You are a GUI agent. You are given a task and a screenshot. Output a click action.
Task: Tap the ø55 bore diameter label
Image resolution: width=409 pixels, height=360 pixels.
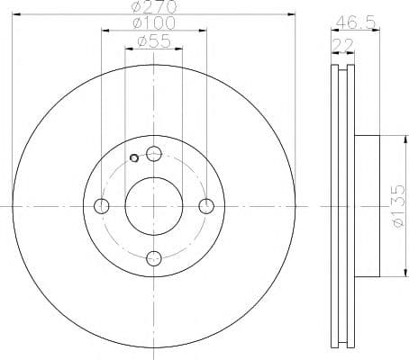(x=153, y=40)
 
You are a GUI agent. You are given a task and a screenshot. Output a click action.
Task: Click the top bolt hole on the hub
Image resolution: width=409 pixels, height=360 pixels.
(x=154, y=153)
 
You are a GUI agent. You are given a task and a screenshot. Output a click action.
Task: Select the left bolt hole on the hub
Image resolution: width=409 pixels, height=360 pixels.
(x=102, y=206)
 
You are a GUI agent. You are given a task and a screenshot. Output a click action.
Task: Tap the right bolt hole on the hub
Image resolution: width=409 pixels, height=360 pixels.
(x=206, y=206)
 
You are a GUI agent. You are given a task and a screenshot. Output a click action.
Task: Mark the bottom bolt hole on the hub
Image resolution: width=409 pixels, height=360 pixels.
(x=154, y=258)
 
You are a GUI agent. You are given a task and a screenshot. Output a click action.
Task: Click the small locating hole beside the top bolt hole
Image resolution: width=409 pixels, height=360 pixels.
(x=135, y=159)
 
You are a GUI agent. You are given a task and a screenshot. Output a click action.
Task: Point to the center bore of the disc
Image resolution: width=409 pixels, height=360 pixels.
(x=154, y=206)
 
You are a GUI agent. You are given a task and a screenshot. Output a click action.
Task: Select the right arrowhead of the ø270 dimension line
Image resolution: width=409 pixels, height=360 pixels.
(x=292, y=14)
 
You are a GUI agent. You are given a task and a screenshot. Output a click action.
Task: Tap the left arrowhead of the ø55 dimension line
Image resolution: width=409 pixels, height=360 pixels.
(x=127, y=49)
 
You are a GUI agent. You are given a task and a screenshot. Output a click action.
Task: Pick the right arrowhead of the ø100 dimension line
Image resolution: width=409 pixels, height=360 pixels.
(x=204, y=31)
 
